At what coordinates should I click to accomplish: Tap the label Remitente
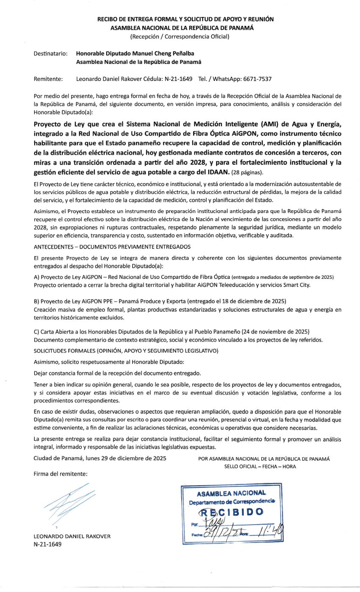click(48, 79)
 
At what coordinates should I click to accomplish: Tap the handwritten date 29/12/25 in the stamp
click(221, 530)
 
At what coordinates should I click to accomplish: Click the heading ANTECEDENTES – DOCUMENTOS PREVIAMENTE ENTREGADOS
click(112, 247)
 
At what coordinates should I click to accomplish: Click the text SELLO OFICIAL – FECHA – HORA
click(260, 467)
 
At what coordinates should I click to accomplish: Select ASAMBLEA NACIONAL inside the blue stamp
click(231, 493)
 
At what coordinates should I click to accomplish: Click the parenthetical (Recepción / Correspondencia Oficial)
click(180, 36)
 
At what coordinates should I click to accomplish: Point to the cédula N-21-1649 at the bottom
click(47, 544)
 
